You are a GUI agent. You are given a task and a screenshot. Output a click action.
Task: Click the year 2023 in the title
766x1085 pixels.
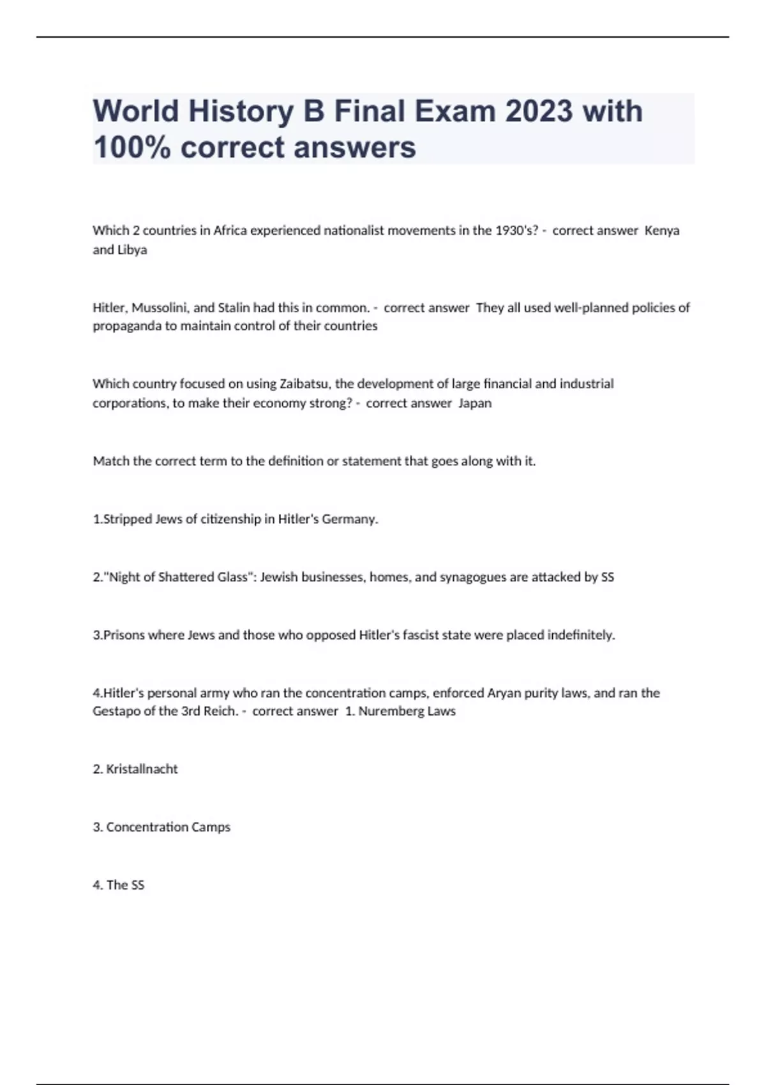click(x=538, y=111)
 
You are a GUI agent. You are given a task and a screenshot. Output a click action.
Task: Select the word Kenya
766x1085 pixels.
click(x=662, y=230)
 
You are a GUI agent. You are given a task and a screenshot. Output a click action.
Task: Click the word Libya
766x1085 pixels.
click(x=132, y=250)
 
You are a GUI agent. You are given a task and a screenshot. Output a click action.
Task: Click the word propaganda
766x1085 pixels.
click(x=126, y=326)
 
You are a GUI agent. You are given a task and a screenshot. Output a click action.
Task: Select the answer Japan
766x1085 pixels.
click(x=475, y=403)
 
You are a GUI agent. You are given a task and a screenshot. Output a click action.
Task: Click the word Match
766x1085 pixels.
click(x=111, y=461)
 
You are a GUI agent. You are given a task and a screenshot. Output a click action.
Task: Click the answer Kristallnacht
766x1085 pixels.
click(x=142, y=769)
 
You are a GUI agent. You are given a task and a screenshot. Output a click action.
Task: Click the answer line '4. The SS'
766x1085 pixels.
click(x=119, y=885)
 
